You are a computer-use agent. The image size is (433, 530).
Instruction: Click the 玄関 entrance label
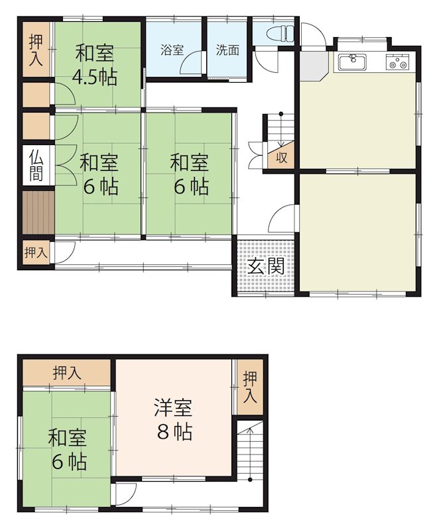point(267,266)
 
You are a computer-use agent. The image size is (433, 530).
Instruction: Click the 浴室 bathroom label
point(172,50)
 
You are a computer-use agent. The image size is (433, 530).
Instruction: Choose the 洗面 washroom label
point(227,50)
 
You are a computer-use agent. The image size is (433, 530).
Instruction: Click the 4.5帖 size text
point(95,77)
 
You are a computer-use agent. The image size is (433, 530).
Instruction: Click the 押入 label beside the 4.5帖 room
point(36,50)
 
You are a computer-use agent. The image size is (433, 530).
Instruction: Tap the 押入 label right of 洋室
point(249,388)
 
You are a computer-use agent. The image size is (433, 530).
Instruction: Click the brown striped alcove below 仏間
point(37,212)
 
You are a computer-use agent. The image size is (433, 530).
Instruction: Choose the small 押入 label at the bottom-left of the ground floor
point(36,252)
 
